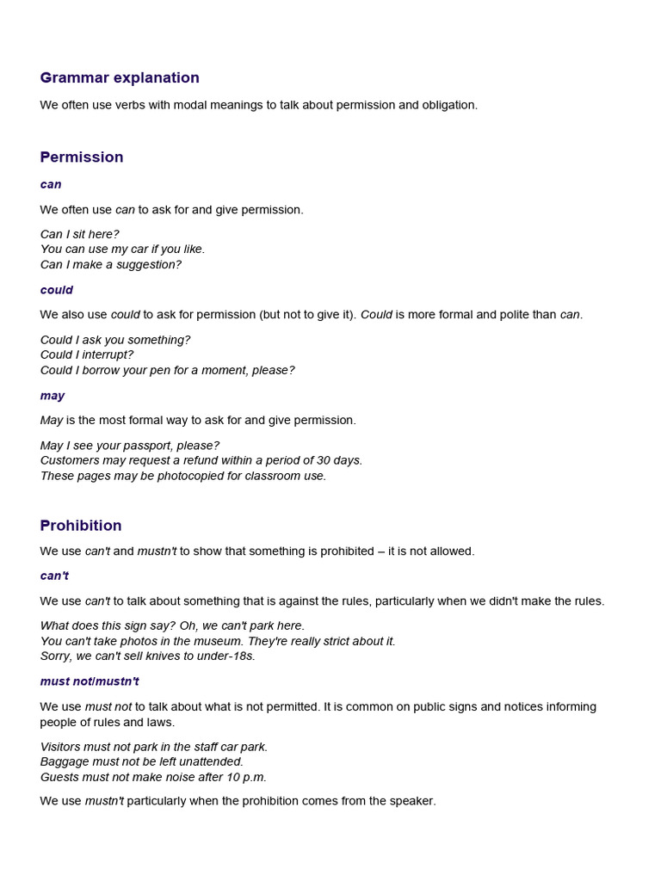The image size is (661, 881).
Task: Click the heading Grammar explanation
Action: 120,78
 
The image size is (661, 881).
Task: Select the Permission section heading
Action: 82,157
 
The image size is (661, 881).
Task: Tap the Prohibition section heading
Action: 81,526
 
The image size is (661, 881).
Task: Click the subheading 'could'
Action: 57,290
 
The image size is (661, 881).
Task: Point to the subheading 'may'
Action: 53,396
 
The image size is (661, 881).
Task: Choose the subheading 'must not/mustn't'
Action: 90,681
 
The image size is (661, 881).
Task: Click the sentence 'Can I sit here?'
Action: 80,234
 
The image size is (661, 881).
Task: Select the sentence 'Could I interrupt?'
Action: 87,354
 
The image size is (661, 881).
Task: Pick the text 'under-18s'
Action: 228,656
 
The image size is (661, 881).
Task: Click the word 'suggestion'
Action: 148,264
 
